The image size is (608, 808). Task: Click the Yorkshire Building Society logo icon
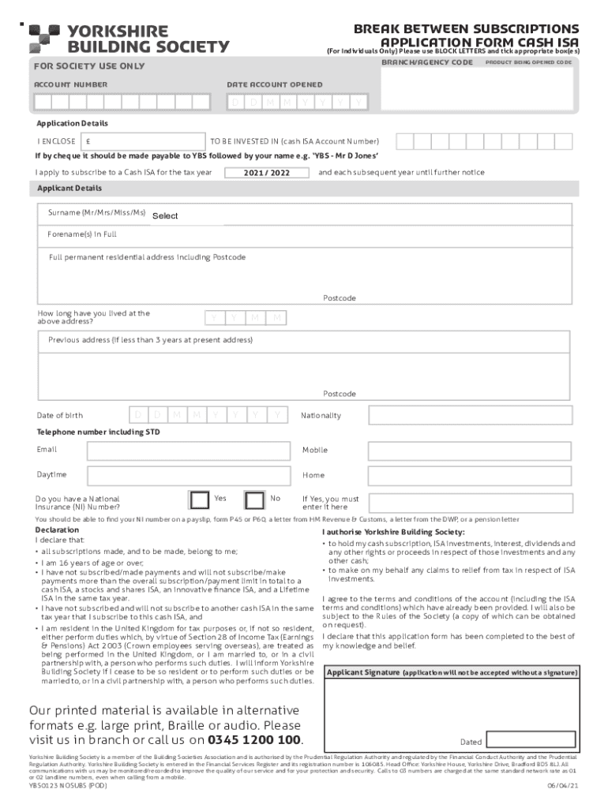(44, 39)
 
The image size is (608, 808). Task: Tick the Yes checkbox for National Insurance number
(199, 499)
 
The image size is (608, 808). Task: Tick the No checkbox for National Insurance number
(254, 499)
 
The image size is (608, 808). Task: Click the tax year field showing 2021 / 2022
(266, 173)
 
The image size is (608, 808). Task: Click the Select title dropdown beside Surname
(165, 216)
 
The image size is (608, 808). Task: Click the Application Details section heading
(72, 124)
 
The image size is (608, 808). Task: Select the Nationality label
(321, 415)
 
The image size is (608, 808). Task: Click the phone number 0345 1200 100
(255, 740)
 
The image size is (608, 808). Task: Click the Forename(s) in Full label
(82, 234)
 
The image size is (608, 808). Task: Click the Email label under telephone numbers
(47, 450)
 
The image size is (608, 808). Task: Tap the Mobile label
(314, 450)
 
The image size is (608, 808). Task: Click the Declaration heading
(57, 530)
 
